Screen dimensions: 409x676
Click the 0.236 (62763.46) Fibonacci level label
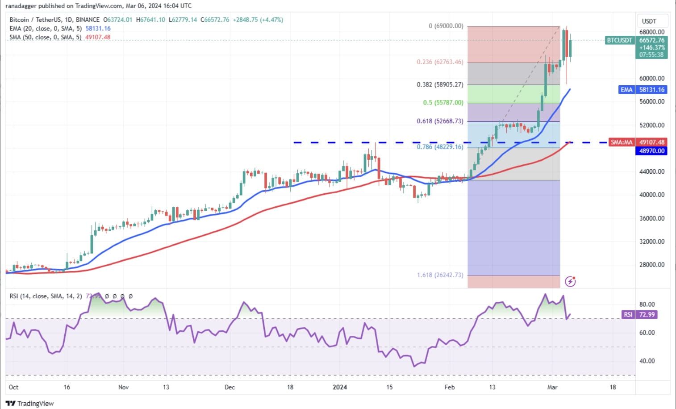440,62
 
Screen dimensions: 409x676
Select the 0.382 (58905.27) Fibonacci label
440,84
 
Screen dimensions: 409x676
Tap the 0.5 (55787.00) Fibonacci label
443,103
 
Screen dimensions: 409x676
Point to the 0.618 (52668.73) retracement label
440,121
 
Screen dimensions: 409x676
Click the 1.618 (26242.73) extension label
440,275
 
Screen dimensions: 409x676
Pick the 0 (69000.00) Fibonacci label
446,26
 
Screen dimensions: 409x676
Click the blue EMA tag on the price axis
626,90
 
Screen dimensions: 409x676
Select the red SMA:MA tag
622,142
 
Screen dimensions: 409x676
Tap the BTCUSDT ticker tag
619,40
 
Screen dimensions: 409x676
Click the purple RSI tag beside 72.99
628,315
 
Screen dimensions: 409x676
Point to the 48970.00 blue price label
652,151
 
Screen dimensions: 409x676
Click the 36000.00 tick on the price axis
652,218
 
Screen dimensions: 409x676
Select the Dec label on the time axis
230,387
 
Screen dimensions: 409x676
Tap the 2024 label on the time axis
340,387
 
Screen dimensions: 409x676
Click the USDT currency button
649,21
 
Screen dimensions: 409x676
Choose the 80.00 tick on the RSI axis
647,305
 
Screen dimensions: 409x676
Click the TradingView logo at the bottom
30,404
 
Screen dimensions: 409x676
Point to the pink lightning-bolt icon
570,281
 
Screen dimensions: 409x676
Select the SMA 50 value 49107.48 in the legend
98,37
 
